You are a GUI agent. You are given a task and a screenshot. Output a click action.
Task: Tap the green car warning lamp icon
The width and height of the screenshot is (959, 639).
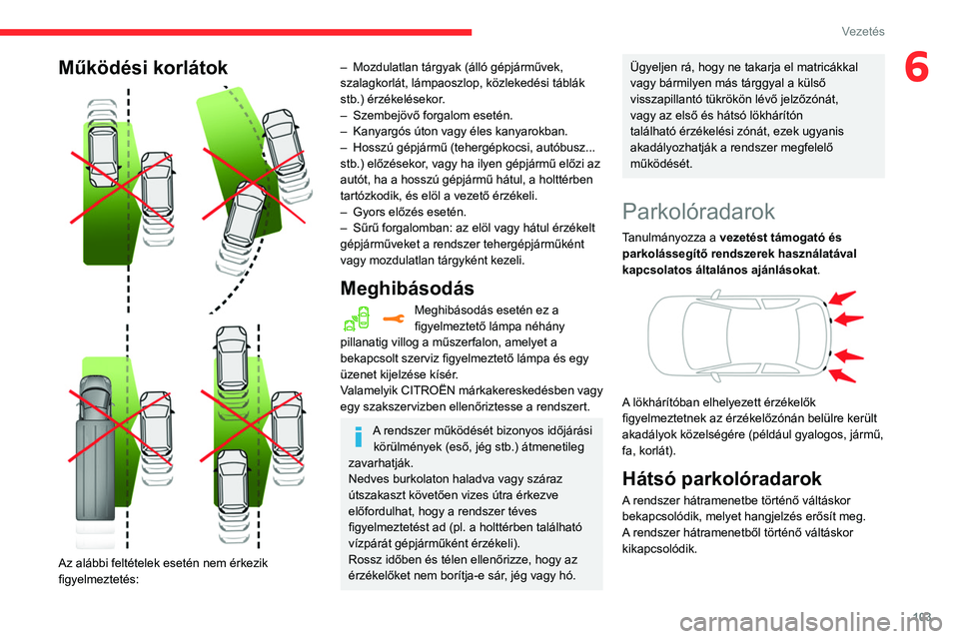(x=358, y=319)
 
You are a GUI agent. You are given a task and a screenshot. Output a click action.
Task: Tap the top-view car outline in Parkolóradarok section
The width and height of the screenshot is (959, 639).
(x=735, y=334)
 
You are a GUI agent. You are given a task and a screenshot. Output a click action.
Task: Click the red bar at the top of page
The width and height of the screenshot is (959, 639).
(x=236, y=32)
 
